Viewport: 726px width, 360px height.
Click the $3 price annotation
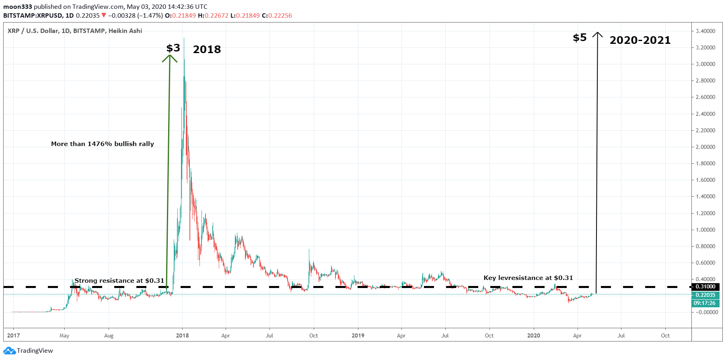coord(173,48)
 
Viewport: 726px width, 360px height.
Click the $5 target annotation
coord(580,38)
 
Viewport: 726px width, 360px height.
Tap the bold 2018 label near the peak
coord(207,49)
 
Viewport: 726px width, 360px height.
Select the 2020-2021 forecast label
coord(640,40)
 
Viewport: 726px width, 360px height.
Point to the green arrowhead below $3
coord(170,58)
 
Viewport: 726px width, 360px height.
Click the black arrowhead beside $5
coord(598,35)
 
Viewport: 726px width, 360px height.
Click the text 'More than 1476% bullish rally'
coord(103,144)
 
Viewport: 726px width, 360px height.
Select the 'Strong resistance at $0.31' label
coord(119,281)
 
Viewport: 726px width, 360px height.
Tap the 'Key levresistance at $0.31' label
coord(528,278)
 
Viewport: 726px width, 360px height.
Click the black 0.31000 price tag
coord(705,287)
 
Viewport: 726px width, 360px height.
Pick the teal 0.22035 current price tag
coord(705,295)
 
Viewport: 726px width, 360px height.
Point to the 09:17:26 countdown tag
coord(705,303)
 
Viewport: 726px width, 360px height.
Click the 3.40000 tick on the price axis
coord(705,31)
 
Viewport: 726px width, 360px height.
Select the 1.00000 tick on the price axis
coord(705,230)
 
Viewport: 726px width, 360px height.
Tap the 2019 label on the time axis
coord(358,335)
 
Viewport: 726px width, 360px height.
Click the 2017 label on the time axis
coord(13,335)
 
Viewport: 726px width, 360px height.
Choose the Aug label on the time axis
coord(109,335)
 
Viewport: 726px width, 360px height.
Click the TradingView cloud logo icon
coord(9,351)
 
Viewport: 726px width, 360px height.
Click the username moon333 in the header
coord(18,7)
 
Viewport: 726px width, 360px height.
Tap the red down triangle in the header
coord(104,16)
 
